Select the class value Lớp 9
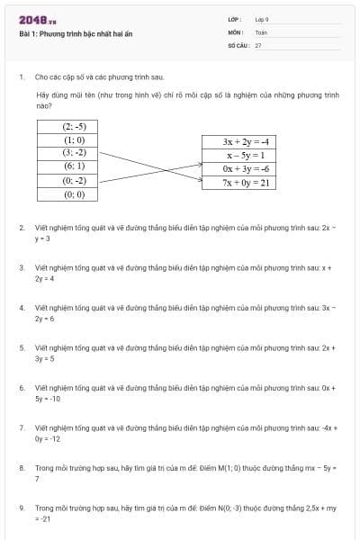click(x=262, y=19)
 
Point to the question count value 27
click(x=258, y=44)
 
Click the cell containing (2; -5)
click(x=74, y=127)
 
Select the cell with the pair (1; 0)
click(x=74, y=140)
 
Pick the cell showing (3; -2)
click(x=74, y=153)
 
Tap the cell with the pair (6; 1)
click(x=74, y=166)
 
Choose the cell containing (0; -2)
click(x=74, y=180)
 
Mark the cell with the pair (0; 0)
click(x=74, y=193)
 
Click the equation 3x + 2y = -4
click(x=247, y=142)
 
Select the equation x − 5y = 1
click(x=247, y=155)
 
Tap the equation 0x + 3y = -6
click(x=247, y=168)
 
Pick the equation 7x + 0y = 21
click(x=247, y=182)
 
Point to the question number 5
click(x=22, y=347)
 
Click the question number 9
click(x=22, y=508)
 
